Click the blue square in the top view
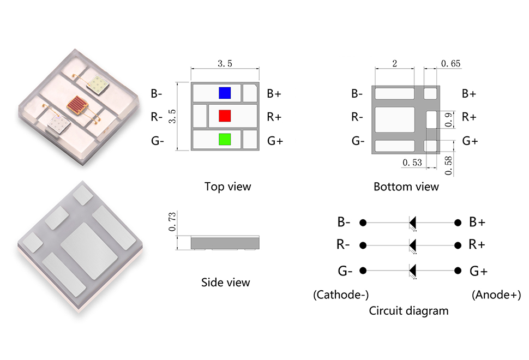point(224,93)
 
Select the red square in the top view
point(225,116)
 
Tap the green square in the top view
point(225,139)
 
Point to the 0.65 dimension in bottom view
point(450,64)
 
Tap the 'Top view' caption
point(227,187)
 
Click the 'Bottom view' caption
point(406,187)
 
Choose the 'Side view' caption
point(225,282)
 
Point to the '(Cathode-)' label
point(341,295)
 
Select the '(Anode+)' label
point(496,295)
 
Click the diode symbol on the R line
point(413,244)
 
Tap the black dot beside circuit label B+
point(457,223)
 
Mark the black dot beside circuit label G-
point(363,271)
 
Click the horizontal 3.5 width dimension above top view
point(225,64)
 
